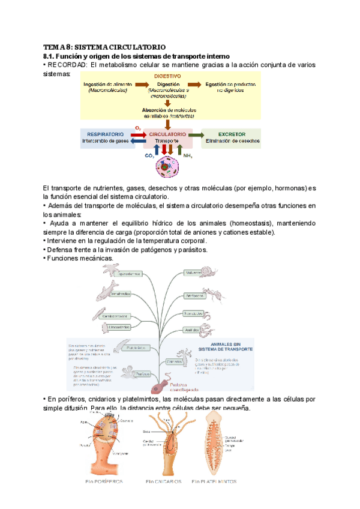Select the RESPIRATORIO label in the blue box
[x=106, y=134]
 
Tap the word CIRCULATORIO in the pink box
[x=167, y=134]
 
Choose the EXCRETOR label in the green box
[x=232, y=134]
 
